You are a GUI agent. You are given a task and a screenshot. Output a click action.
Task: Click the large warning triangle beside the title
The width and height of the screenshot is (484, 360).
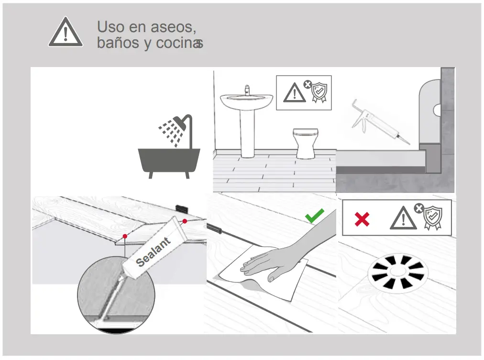[x=66, y=33]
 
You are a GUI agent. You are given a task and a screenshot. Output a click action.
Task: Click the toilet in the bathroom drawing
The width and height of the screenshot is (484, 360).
[x=306, y=142]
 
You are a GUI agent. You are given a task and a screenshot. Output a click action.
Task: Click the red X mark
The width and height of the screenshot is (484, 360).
[x=362, y=220]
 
